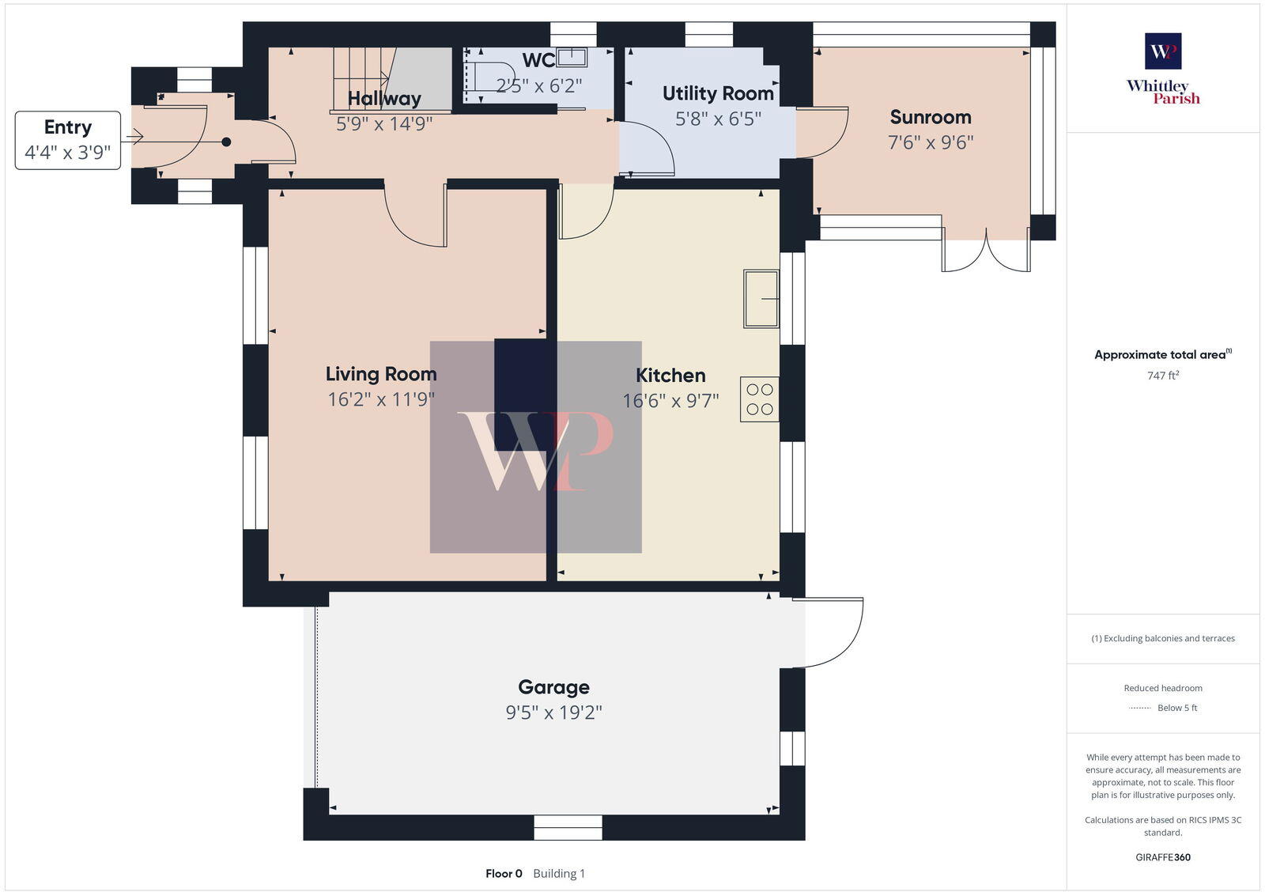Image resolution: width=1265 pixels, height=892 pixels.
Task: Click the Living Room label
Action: (381, 374)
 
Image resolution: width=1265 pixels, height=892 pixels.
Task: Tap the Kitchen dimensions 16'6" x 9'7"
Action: (670, 401)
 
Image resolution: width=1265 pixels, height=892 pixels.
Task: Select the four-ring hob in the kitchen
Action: (760, 399)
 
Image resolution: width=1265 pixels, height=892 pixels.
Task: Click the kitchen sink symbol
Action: (761, 299)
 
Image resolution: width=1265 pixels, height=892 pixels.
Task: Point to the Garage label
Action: (553, 687)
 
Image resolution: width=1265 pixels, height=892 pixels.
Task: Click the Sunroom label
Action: (931, 117)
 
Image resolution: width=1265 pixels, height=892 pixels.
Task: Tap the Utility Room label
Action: (718, 93)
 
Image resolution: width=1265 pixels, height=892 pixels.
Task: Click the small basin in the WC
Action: (572, 57)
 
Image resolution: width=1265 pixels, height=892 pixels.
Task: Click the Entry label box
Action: (68, 140)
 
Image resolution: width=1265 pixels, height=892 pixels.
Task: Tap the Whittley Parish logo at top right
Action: (1163, 69)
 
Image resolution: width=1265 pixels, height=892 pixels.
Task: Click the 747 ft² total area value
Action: (1163, 376)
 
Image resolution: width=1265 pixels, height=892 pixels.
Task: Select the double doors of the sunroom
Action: (986, 252)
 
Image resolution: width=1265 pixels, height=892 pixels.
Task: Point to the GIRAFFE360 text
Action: (1163, 857)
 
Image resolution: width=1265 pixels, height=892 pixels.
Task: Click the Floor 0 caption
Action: (504, 874)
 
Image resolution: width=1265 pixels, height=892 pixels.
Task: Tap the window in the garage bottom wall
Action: (568, 828)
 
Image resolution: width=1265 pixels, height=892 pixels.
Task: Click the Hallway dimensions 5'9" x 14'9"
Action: (384, 123)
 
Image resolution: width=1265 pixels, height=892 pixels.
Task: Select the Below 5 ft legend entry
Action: (1176, 708)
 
